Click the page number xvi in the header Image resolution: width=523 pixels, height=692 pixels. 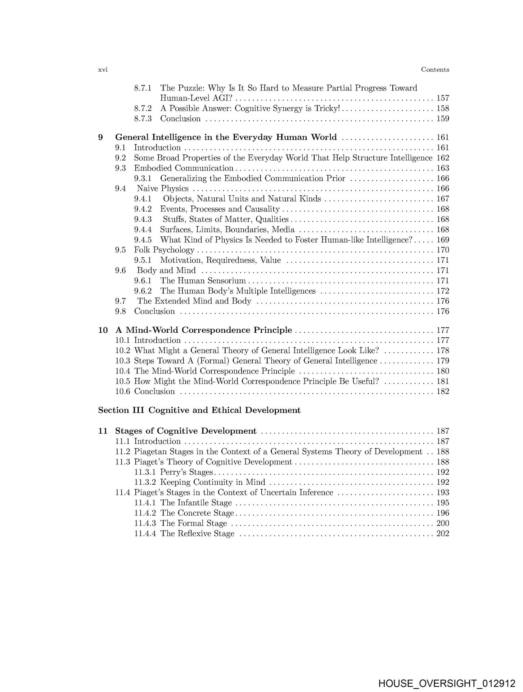[103, 70]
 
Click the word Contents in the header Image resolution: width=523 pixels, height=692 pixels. [435, 70]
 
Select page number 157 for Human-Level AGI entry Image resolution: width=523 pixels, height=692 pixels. [442, 98]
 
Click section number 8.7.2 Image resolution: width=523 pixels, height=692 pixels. [143, 108]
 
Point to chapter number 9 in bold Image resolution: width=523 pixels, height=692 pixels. [100, 137]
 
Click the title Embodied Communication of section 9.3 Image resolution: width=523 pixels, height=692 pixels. [184, 168]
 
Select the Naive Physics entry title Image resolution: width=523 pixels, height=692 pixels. [163, 189]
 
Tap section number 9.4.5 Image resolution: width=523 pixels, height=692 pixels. [143, 240]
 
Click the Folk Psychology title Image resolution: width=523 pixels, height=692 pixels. [164, 250]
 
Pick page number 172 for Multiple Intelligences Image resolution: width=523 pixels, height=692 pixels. [442, 291]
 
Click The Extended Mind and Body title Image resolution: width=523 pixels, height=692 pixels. [194, 301]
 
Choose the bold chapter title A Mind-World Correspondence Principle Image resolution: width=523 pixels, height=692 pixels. [203, 330]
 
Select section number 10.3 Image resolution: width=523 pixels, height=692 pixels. [122, 361]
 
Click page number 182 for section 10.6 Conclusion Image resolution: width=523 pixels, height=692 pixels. [442, 392]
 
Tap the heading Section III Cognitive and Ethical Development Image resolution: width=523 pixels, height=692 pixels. [199, 411]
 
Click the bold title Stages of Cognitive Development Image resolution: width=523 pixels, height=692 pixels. [186, 431]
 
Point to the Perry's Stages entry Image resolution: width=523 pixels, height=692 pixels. [186, 472]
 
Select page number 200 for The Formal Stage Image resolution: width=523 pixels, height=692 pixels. [442, 523]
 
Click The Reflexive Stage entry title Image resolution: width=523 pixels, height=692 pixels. [197, 534]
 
